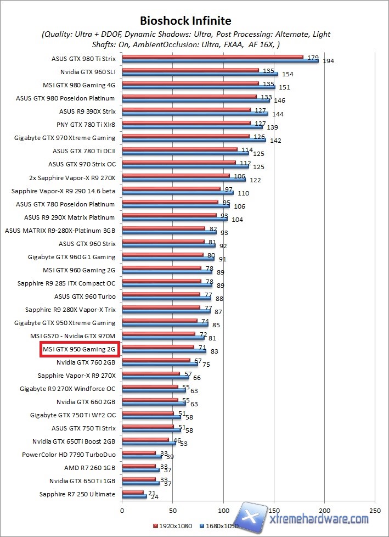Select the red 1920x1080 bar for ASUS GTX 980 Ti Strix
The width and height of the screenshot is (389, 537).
click(212, 56)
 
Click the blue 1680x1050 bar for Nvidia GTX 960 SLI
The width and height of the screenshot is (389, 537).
click(200, 74)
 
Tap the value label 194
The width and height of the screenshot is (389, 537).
click(328, 61)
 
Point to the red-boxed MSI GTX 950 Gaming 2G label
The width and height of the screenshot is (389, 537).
click(79, 349)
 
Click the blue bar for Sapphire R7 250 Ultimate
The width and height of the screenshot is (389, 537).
click(134, 496)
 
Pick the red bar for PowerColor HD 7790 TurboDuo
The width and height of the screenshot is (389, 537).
click(139, 453)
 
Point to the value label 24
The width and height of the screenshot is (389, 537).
click(154, 497)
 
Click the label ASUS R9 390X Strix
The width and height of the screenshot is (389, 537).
click(87, 111)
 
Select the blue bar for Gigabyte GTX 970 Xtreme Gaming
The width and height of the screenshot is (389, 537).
click(194, 140)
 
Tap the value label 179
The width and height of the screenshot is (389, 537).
click(313, 58)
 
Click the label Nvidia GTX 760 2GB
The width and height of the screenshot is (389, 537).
click(86, 362)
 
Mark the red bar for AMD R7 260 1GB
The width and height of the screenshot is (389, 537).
click(139, 466)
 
